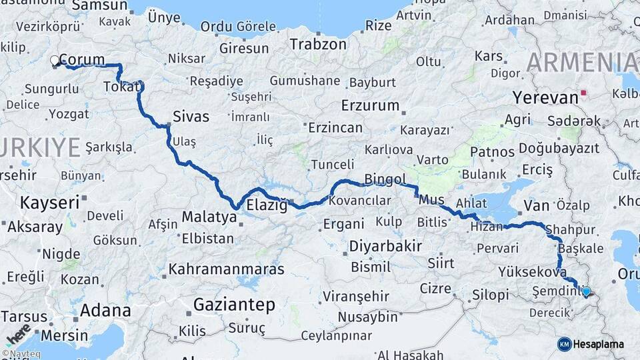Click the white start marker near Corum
click(55, 61)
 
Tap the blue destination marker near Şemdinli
click(586, 291)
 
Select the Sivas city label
click(191, 117)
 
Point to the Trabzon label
click(318, 45)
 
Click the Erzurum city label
click(370, 105)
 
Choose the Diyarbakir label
click(386, 246)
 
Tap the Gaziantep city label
click(234, 305)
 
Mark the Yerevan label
click(545, 97)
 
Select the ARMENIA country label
click(581, 63)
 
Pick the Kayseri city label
click(50, 201)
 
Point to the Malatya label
click(209, 217)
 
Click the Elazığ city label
click(267, 205)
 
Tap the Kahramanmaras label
click(226, 270)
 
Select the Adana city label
click(105, 310)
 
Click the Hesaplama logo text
click(599, 344)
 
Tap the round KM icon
click(564, 344)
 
